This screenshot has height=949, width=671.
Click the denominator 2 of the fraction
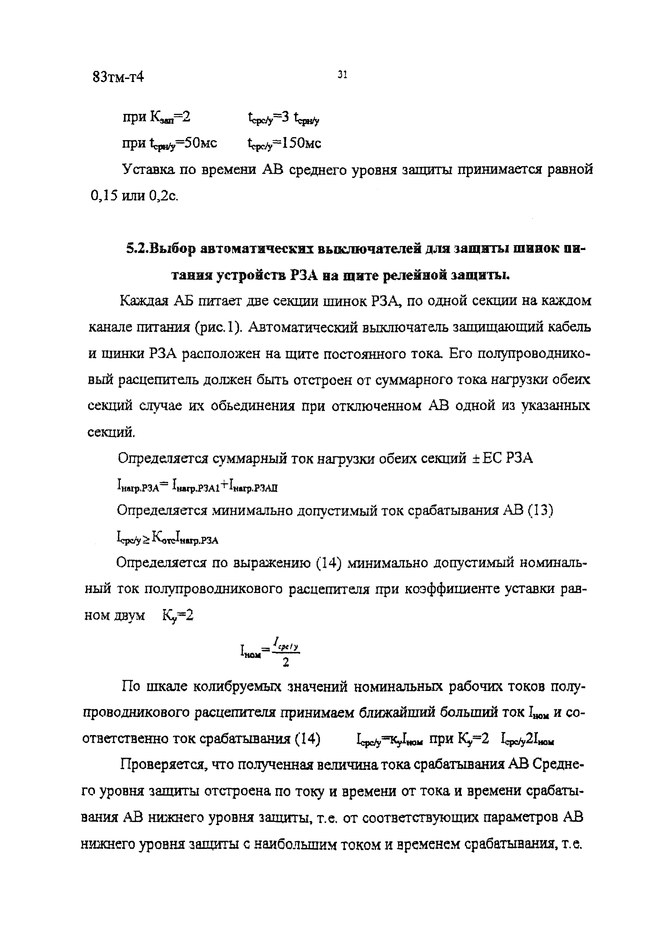[x=285, y=663]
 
